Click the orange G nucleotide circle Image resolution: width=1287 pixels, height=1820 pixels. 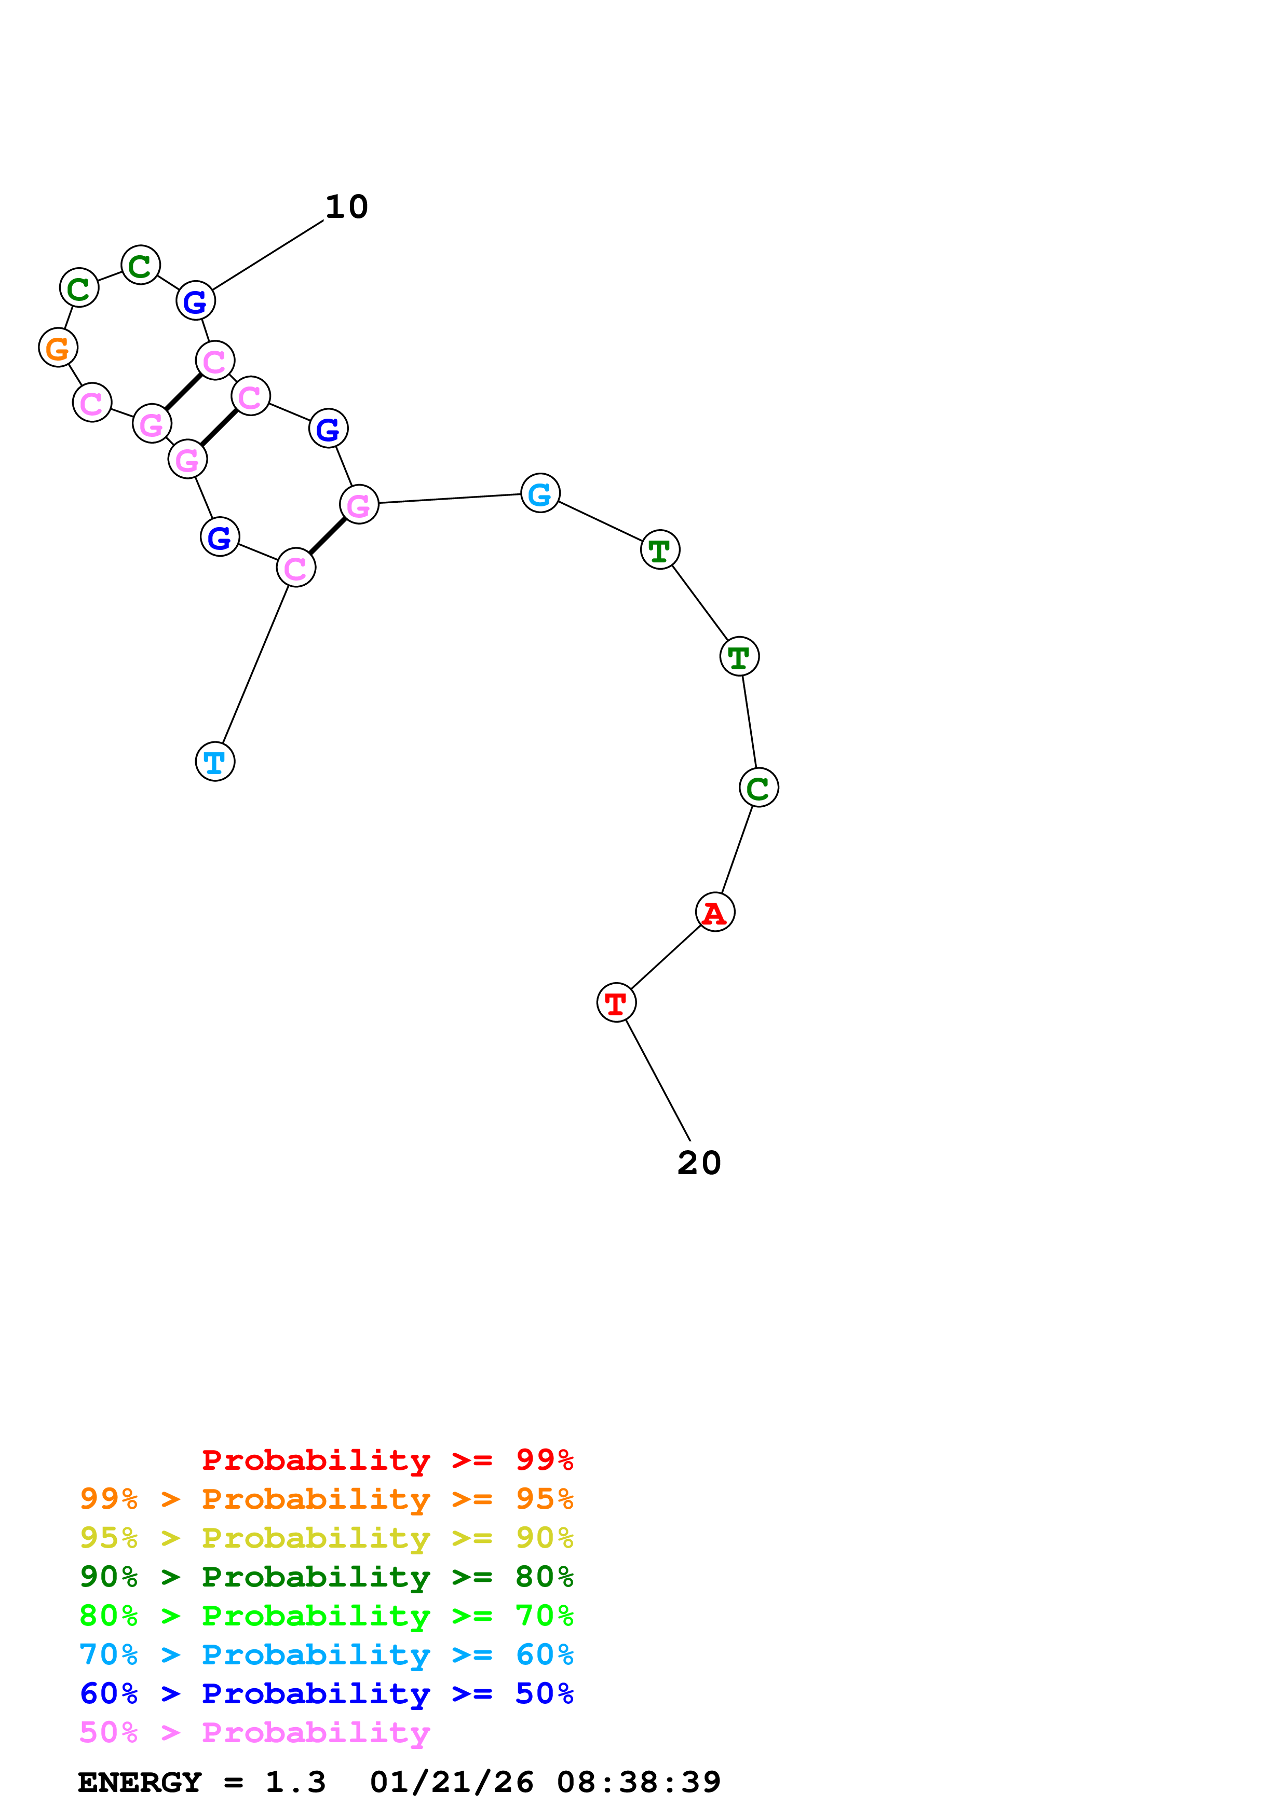[58, 348]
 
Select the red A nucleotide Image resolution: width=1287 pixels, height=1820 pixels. [714, 913]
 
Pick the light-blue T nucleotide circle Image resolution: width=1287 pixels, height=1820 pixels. [215, 762]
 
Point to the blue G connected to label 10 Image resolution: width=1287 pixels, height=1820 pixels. [195, 301]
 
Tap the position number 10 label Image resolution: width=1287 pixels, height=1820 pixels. [346, 208]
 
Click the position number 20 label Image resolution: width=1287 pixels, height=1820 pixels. [699, 1163]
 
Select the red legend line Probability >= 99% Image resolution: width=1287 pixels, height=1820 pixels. [387, 1459]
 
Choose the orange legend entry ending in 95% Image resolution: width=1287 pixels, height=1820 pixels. [326, 1499]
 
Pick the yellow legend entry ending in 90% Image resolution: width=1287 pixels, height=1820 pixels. [326, 1538]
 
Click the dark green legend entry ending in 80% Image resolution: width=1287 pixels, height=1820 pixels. [326, 1577]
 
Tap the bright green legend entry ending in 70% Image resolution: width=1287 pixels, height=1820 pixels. [326, 1616]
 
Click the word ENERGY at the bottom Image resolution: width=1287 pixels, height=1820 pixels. [140, 1782]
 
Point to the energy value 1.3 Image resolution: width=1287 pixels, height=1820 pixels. [295, 1782]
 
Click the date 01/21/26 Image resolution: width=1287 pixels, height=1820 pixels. [451, 1782]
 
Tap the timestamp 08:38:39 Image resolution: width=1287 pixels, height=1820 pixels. [639, 1782]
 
